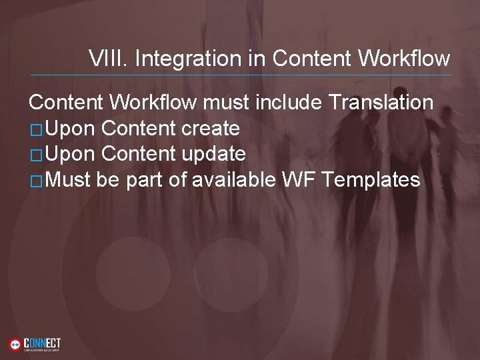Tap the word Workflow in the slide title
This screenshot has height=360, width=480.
point(403,59)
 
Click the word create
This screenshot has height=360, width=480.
point(210,128)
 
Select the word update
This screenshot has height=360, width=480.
point(213,154)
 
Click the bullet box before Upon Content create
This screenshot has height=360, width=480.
point(37,129)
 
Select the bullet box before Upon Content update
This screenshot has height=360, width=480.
point(37,155)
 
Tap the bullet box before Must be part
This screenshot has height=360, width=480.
point(37,180)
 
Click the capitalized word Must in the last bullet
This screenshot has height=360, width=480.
point(69,179)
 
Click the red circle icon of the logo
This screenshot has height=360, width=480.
point(15,345)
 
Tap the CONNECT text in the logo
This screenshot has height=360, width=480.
point(42,342)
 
